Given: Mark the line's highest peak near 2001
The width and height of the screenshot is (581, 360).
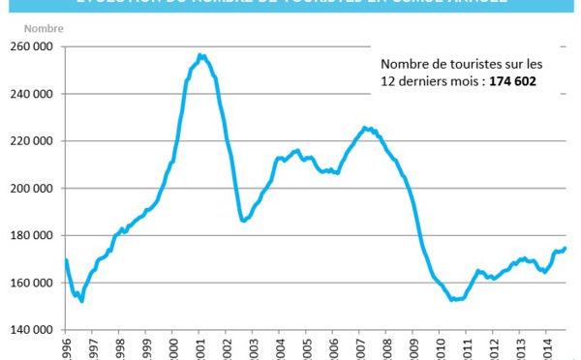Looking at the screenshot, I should point(199,55).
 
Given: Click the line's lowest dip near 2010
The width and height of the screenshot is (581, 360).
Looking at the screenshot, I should point(453,300).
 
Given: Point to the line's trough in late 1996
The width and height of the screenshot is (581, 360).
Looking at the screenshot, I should point(81,301).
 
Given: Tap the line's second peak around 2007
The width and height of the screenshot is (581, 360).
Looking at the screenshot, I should point(365,127).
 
